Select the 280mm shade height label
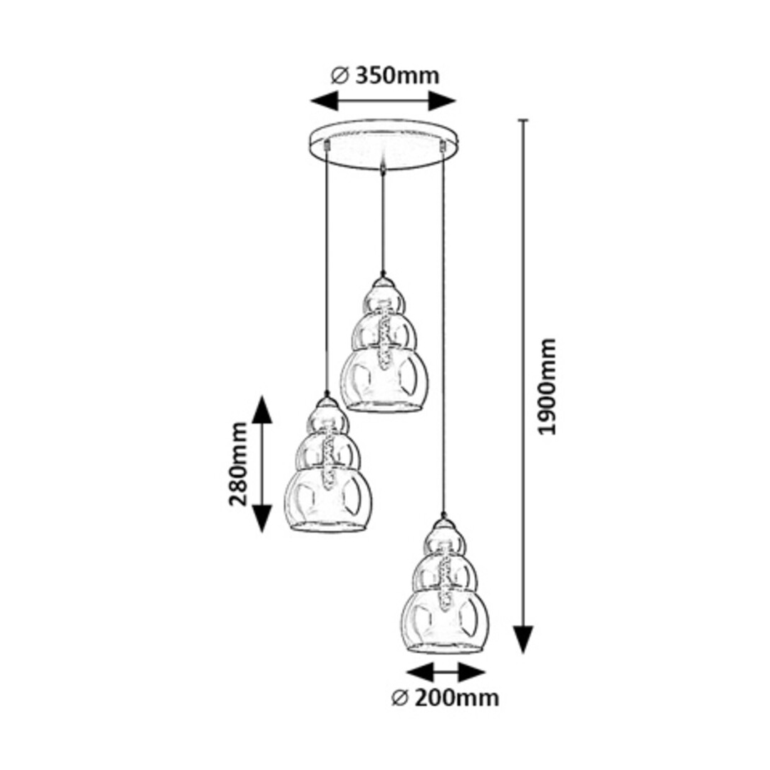(x=238, y=463)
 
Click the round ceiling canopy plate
(x=384, y=144)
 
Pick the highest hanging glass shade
(x=384, y=349)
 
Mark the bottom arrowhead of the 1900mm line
(x=524, y=639)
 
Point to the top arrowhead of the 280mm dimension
(x=262, y=410)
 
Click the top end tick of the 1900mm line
(x=524, y=120)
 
